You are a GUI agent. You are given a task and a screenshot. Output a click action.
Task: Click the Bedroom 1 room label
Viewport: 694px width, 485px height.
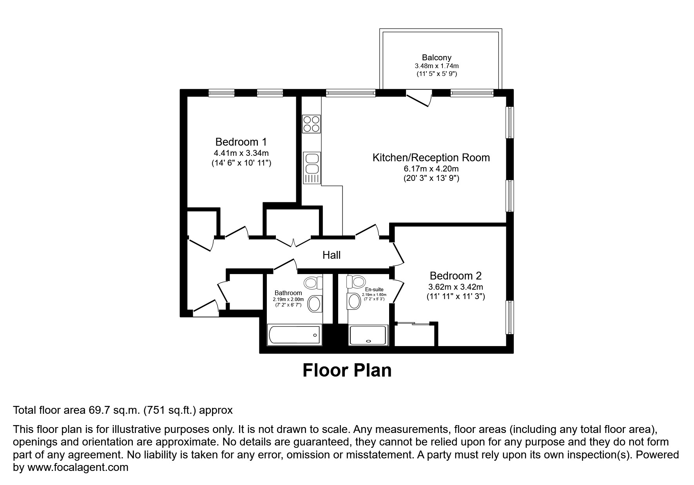click(241, 142)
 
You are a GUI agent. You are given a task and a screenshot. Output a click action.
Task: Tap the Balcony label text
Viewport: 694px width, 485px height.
click(437, 58)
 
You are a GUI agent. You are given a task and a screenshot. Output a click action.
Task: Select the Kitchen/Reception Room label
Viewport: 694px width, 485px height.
click(431, 158)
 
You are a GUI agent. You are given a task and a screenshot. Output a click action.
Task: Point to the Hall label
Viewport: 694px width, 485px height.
click(331, 255)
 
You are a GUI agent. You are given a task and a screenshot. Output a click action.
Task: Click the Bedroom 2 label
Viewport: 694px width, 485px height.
click(455, 276)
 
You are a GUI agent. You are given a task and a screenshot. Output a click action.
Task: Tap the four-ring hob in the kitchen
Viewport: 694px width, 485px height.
click(312, 124)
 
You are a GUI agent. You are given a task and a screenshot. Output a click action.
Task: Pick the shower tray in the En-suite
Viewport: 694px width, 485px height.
click(368, 335)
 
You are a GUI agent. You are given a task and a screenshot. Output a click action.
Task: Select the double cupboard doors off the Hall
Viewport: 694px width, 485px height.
click(294, 241)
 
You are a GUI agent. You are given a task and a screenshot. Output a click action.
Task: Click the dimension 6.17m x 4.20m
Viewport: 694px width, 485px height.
click(431, 169)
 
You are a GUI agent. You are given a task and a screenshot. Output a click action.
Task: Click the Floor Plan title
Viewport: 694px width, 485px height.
click(347, 370)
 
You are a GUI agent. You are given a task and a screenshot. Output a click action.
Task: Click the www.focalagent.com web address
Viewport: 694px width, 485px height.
click(77, 467)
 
